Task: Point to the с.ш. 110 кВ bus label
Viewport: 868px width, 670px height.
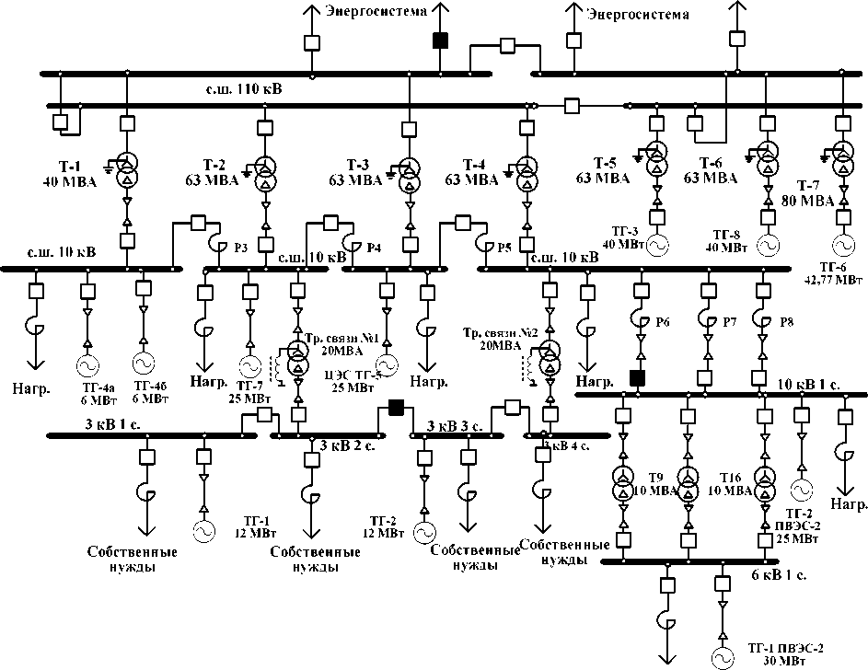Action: coord(243,89)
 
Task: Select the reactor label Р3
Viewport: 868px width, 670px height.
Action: coord(240,247)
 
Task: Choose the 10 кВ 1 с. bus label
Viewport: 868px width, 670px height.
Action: coord(810,383)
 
